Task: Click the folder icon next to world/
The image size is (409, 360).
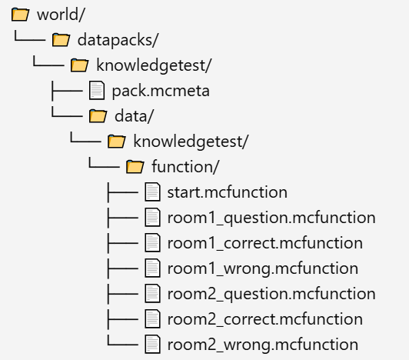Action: tap(20, 15)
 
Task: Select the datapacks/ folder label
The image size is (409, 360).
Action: tap(118, 40)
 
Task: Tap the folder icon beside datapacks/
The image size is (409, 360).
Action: tap(61, 40)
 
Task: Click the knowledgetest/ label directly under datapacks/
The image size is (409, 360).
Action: tap(154, 65)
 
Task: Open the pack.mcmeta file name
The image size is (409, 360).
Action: tap(161, 91)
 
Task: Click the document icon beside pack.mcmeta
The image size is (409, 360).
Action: tap(97, 91)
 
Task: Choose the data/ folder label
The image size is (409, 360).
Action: tap(134, 116)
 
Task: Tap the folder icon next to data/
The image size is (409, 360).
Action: tap(98, 116)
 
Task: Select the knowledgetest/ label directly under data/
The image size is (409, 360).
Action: tap(191, 142)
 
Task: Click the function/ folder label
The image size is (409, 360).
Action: tap(185, 167)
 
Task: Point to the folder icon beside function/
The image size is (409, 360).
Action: tap(135, 167)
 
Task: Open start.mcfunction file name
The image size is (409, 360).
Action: tap(228, 192)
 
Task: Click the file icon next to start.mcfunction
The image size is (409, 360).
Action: tap(152, 192)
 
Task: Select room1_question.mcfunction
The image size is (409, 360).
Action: tap(271, 218)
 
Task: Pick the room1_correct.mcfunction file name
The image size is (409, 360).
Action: tap(265, 243)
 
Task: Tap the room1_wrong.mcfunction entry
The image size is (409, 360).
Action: tap(263, 268)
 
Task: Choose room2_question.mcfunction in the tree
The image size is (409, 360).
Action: tap(271, 294)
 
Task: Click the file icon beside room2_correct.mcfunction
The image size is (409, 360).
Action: tap(152, 318)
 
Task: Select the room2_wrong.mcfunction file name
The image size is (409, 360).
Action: tap(263, 345)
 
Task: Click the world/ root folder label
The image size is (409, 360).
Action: tap(61, 15)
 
